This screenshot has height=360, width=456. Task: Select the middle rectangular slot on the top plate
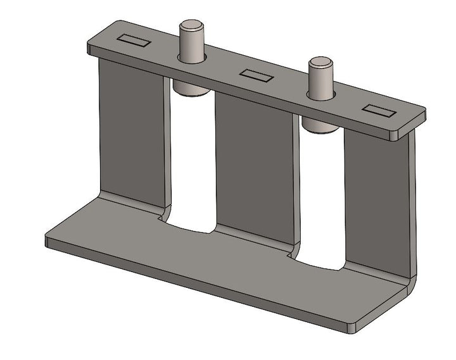point(256,76)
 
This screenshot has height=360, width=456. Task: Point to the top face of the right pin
point(321,63)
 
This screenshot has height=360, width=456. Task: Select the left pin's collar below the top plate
point(190,89)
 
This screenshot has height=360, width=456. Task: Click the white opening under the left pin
point(192,164)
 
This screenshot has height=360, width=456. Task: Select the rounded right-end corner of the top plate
point(419,117)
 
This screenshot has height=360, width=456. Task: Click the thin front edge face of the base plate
point(190,285)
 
